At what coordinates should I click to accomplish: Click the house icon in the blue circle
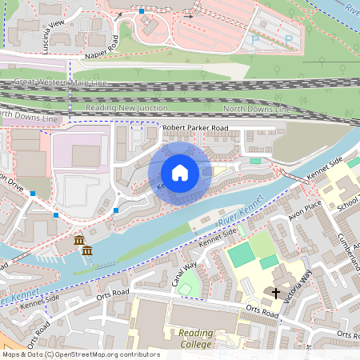click(180, 173)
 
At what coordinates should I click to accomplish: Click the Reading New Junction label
click(128, 107)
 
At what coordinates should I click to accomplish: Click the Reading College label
click(196, 338)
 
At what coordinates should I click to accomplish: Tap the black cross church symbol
click(277, 293)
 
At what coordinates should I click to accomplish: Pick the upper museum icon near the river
click(79, 240)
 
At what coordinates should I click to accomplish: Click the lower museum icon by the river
click(86, 252)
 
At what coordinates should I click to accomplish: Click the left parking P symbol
click(255, 38)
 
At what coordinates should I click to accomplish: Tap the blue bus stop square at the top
click(142, 11)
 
